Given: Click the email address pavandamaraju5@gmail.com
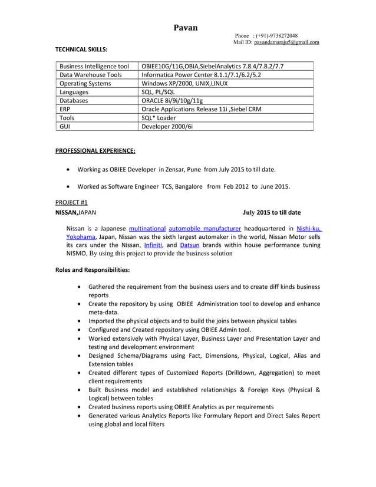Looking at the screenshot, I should click(x=286, y=42).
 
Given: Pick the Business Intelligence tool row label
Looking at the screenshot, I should click(x=94, y=66).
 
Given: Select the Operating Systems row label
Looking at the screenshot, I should click(x=85, y=84).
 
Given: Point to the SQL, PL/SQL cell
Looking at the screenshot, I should click(x=159, y=92).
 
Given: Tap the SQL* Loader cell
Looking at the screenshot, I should click(x=159, y=118).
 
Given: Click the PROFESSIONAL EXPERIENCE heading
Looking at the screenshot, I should click(x=95, y=151).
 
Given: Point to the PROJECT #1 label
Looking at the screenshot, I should click(x=71, y=202).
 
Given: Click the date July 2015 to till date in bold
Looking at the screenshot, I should click(x=271, y=212).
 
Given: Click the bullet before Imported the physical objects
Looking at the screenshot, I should click(x=80, y=321).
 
